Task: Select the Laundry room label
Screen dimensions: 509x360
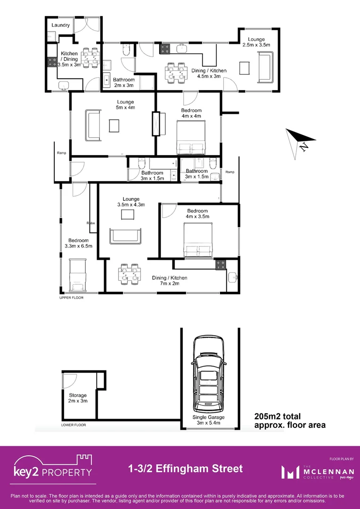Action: point(61,25)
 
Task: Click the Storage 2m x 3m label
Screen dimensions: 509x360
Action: point(78,398)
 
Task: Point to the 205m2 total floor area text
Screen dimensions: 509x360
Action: point(289,420)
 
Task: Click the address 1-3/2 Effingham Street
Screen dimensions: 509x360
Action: point(185,468)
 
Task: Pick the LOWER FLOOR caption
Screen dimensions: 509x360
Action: point(74,425)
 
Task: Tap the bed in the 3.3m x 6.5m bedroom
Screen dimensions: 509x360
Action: point(78,275)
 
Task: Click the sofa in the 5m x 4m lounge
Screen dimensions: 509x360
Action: point(93,125)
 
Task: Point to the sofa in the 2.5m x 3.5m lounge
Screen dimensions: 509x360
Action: point(265,66)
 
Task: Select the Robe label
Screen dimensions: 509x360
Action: point(91,223)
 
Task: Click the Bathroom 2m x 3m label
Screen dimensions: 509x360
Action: point(123,82)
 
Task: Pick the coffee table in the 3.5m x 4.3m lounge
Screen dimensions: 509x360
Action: point(129,214)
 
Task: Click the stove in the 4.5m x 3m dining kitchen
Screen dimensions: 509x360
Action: point(164,48)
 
